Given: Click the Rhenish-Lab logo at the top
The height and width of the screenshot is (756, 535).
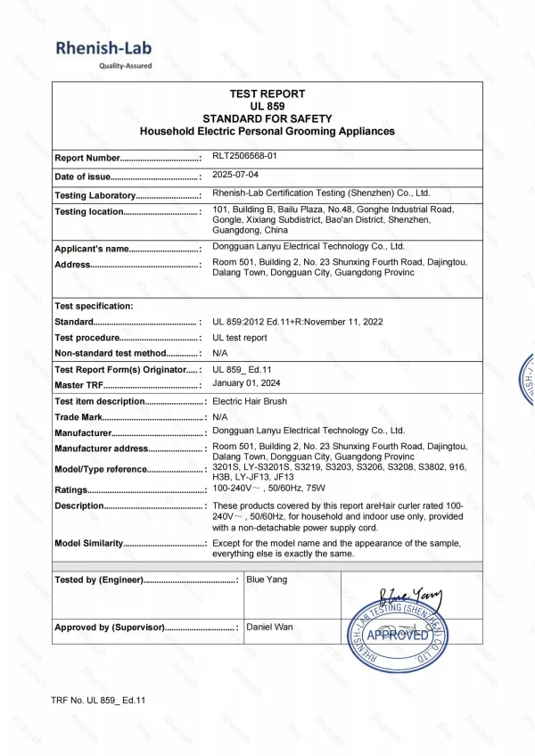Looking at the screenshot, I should [x=103, y=48].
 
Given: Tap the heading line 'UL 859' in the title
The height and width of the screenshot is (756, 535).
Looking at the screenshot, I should [x=267, y=106].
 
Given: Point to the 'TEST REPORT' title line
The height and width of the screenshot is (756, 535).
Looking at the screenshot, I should [x=267, y=94].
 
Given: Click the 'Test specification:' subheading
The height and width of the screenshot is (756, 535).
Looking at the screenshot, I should [x=94, y=306].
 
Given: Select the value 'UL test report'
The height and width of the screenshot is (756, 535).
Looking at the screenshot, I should [x=239, y=338].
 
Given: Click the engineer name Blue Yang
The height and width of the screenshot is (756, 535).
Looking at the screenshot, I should [x=267, y=579].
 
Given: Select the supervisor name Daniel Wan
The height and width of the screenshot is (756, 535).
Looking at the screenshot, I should [x=270, y=627].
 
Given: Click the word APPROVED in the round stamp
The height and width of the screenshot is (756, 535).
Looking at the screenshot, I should [x=397, y=635].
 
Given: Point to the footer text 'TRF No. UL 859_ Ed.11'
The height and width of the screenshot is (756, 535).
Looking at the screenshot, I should [x=98, y=700].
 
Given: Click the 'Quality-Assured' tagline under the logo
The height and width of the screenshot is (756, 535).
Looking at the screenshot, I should [x=125, y=66].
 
